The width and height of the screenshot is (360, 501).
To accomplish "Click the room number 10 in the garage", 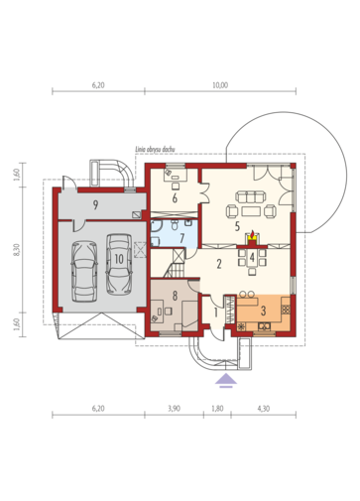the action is coord(119,259).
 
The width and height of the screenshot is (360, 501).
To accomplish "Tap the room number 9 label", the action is coord(95,205).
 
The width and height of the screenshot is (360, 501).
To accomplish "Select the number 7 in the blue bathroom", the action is coord(181,238).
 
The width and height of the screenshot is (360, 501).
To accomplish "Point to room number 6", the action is coord(175,198).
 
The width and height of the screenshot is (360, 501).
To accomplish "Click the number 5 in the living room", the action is coord(237,226).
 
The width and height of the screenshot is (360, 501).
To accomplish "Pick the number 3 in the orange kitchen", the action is coord(263,311).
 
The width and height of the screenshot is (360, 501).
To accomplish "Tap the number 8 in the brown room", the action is coord(175,296).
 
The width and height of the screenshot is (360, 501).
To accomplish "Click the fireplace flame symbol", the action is coord(252,234).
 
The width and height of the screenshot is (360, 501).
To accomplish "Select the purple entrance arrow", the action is coord(226,380).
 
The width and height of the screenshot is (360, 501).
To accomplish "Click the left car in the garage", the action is coord(84,271).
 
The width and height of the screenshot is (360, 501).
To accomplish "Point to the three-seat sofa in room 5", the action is coord(251,196).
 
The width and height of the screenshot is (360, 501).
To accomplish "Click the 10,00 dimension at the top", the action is coord(220,85).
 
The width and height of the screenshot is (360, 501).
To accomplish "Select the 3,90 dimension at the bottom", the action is coord(174,409).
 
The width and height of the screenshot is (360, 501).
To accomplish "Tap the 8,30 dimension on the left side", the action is coord(17,249).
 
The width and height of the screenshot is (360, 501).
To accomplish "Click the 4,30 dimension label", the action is coord(264,409).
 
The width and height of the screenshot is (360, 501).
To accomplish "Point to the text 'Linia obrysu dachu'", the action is coord(155,150).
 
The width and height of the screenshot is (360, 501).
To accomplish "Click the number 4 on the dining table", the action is coord(252,257).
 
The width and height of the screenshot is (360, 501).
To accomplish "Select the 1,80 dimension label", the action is coord(217,409).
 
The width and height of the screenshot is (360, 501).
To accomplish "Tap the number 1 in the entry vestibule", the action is coord(216,313).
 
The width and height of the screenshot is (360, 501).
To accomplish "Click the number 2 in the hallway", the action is coord(219,264).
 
